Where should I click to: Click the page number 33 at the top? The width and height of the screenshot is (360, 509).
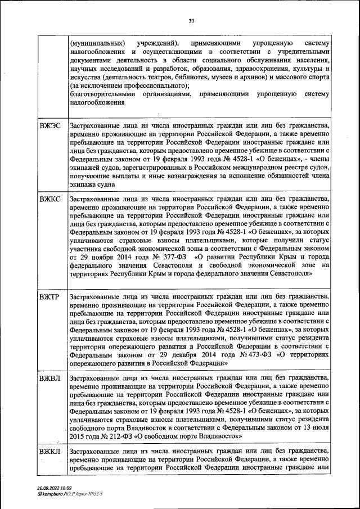pos(191,21)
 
